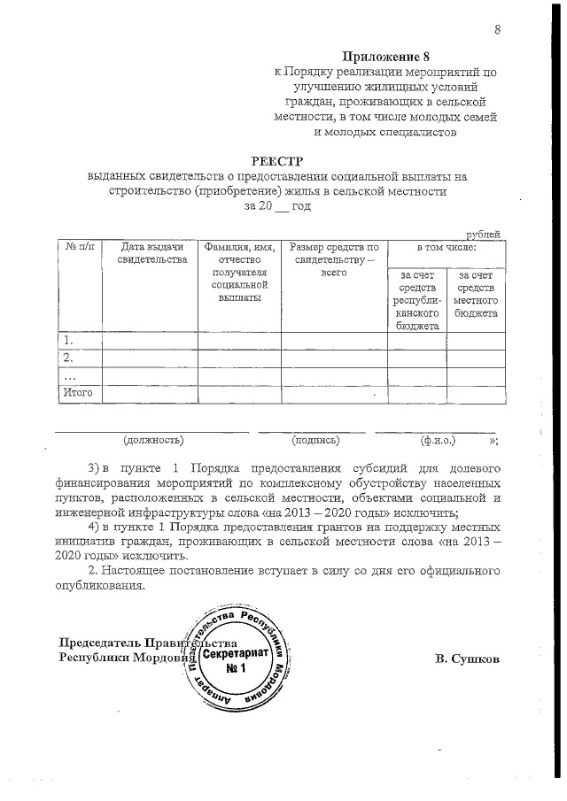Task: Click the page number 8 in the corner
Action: (498, 31)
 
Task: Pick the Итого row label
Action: (77, 392)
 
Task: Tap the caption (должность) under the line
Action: (153, 439)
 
